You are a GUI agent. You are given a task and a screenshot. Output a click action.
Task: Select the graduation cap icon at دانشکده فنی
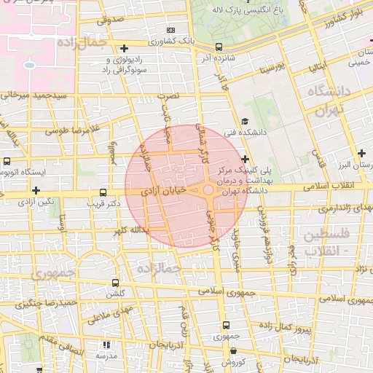245,122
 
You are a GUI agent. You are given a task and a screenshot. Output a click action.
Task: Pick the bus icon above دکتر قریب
103,193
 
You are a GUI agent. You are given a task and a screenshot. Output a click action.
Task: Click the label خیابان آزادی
164,190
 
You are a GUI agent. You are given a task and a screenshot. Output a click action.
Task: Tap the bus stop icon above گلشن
115,283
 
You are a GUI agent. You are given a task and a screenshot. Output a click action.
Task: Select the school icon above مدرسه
106,345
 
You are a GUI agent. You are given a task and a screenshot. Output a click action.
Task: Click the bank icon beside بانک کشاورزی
171,31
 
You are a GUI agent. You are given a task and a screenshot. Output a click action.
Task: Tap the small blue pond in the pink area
29,65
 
